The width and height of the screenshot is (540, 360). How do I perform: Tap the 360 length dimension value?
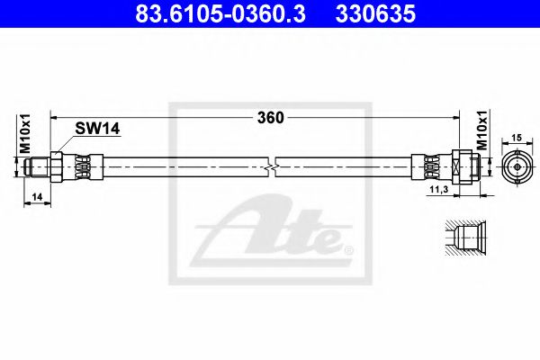coord(270,118)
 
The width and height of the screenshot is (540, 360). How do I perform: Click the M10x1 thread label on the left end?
coord(25,134)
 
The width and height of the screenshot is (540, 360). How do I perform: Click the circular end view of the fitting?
coord(517,167)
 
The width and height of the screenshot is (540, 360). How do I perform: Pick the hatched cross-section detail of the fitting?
coord(463,238)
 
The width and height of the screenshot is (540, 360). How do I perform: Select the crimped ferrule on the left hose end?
coord(81,166)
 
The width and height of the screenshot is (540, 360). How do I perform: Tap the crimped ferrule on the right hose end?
coord(429,166)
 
